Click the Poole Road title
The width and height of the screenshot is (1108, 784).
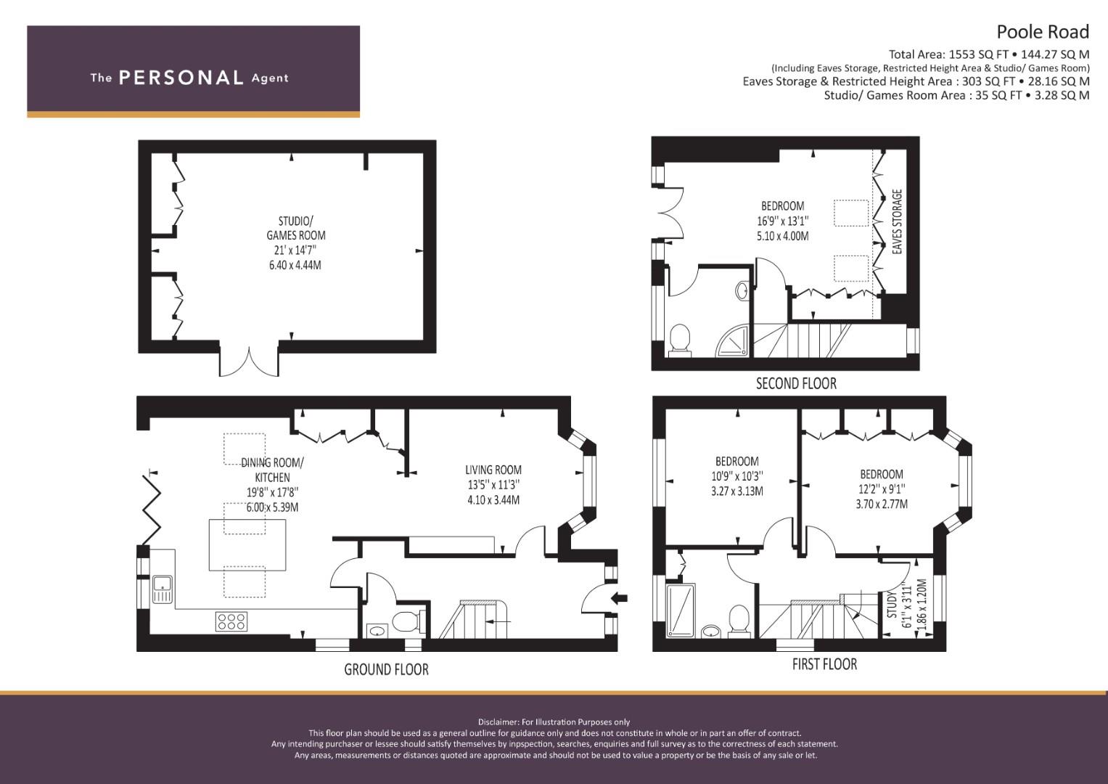click(1043, 32)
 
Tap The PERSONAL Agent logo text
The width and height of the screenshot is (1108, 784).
click(189, 78)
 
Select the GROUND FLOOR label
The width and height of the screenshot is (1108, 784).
click(386, 669)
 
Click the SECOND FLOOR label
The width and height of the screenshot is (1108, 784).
click(797, 383)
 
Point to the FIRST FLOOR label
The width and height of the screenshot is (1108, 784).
click(824, 664)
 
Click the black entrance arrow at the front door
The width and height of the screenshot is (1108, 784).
click(619, 598)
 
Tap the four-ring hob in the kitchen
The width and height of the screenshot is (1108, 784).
click(231, 621)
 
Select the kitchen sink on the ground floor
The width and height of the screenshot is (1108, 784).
click(163, 589)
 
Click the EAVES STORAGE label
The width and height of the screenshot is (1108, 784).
click(898, 221)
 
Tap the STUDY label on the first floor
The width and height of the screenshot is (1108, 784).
click(892, 605)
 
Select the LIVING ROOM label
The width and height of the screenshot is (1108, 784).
click(493, 470)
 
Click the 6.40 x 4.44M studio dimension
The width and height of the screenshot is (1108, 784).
click(295, 265)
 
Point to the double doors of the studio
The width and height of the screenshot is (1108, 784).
click(249, 360)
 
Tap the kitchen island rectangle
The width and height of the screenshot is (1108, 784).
click(248, 544)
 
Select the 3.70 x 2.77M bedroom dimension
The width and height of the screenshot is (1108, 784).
click(882, 505)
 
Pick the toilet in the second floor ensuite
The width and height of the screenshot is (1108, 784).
click(680, 340)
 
